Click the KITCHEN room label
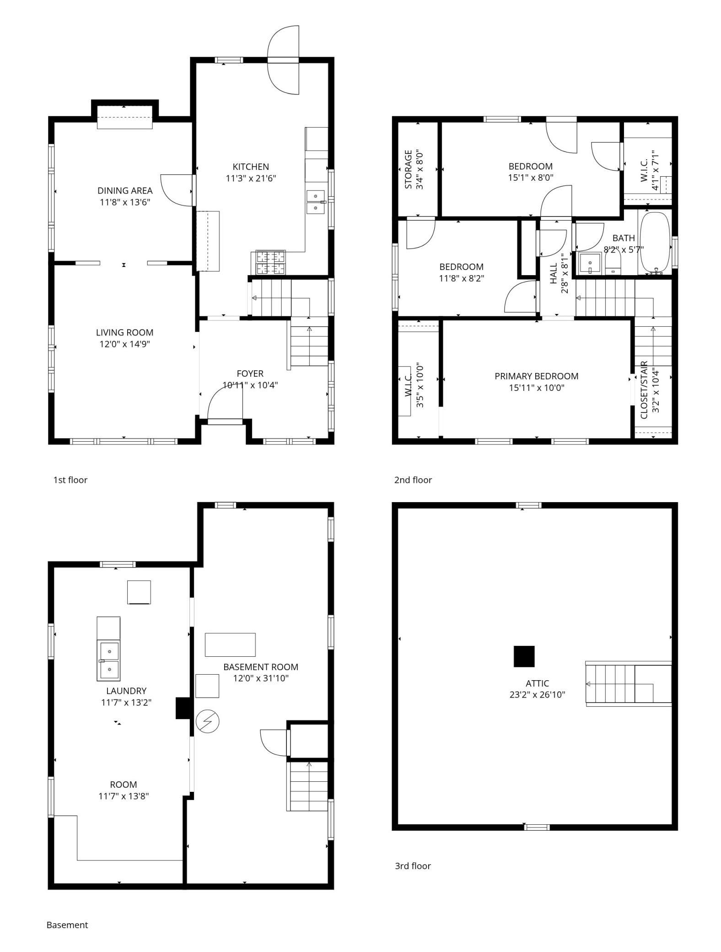[x=251, y=167]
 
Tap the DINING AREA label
[x=125, y=190]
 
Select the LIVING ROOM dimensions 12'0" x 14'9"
[x=125, y=344]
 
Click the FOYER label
[x=250, y=373]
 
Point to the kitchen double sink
[x=316, y=202]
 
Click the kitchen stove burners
[x=270, y=263]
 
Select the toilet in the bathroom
[x=613, y=265]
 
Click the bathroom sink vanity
[x=590, y=263]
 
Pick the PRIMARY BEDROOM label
[x=536, y=376]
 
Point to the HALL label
[x=554, y=273]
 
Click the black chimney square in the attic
[x=524, y=656]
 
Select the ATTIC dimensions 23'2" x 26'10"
[x=538, y=694]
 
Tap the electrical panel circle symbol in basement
[x=207, y=721]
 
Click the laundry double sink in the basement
[x=108, y=660]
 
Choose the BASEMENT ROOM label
[x=261, y=667]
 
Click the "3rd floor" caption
[x=413, y=865]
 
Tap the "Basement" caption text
[x=67, y=925]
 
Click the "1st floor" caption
[x=70, y=480]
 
